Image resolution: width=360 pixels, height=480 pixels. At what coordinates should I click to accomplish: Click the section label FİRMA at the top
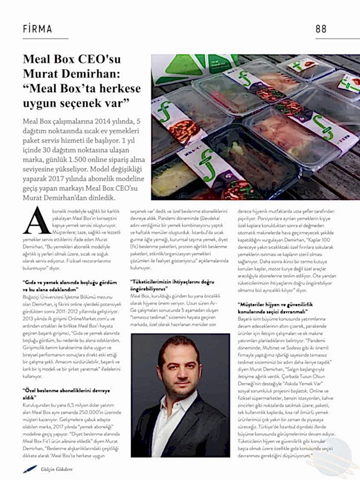click(38, 29)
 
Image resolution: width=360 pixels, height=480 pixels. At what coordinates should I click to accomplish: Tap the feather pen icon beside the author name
click(29, 469)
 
